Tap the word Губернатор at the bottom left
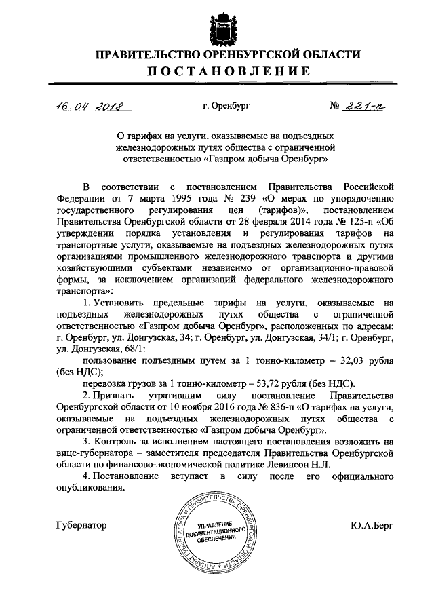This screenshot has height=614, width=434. point(80,525)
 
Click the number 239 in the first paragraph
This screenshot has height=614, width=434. point(246,197)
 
